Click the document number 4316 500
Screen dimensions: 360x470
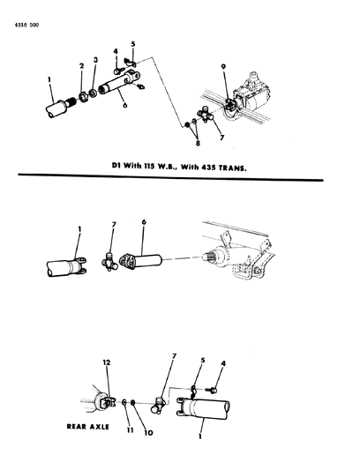click(x=26, y=26)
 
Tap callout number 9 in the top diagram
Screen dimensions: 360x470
click(x=224, y=66)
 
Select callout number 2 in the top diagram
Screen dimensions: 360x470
click(x=81, y=66)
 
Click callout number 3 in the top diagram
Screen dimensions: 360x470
click(x=95, y=60)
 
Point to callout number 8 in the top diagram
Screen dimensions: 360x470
click(x=198, y=143)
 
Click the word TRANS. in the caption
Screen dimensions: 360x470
click(x=233, y=168)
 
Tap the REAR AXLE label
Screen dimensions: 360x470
click(x=88, y=427)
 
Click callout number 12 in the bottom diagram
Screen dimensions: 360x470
click(x=107, y=362)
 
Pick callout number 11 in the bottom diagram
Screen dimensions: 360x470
click(x=130, y=430)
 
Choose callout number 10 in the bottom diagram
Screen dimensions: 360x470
click(x=149, y=433)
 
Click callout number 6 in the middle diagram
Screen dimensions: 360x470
click(x=144, y=222)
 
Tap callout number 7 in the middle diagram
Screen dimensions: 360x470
click(x=114, y=225)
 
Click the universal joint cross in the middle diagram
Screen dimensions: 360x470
click(x=109, y=262)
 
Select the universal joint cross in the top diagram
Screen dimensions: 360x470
click(x=206, y=115)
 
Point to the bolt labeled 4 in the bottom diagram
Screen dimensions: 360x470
click(x=212, y=390)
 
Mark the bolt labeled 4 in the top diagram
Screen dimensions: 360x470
click(x=118, y=71)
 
